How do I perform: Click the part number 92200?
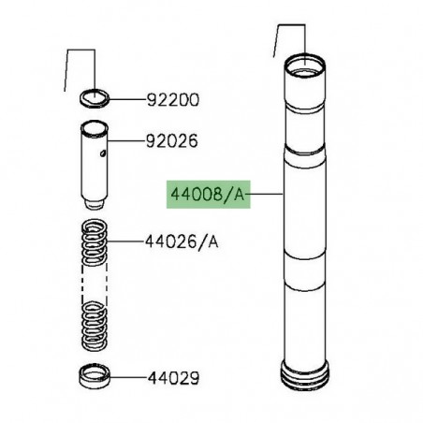tap(174, 99)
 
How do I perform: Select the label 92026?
tap(174, 145)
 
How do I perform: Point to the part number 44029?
tap(174, 381)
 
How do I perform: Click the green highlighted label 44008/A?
tap(207, 196)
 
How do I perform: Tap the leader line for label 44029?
tap(127, 380)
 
